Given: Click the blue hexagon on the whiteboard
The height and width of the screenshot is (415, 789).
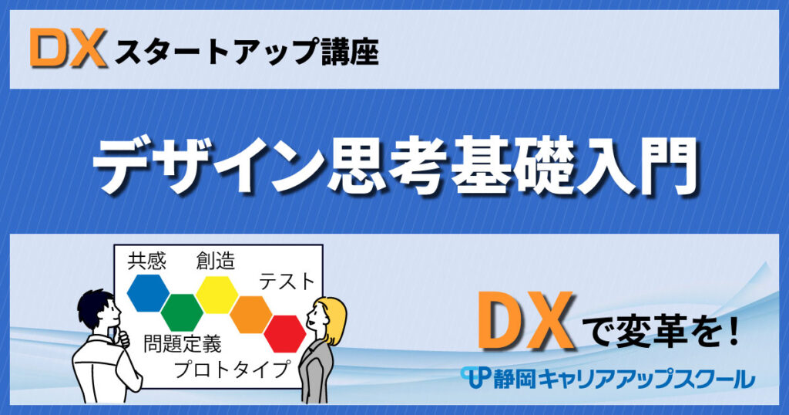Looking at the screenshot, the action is coord(148,292).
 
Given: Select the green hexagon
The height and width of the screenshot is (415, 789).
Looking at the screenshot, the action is coord(182,312).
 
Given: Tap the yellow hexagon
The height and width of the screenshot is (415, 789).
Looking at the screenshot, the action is coord(217,295).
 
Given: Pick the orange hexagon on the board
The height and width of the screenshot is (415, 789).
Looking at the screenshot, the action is coord(251,314).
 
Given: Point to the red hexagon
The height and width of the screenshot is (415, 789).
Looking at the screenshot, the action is coord(285,333).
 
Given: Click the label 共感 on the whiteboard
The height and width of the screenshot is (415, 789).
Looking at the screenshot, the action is coord(147,262).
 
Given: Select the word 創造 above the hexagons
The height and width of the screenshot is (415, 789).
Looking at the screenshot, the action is coord(216,261).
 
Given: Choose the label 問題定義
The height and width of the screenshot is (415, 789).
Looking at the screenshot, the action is coord(182,345).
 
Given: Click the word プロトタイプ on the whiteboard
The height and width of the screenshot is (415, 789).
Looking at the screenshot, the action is coord(233,369).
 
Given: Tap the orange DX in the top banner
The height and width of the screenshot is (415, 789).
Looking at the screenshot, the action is coord(68,49).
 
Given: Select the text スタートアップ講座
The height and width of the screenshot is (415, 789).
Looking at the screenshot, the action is coord(247,52).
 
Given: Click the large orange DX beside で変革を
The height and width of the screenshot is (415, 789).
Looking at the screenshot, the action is coord(525,322).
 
